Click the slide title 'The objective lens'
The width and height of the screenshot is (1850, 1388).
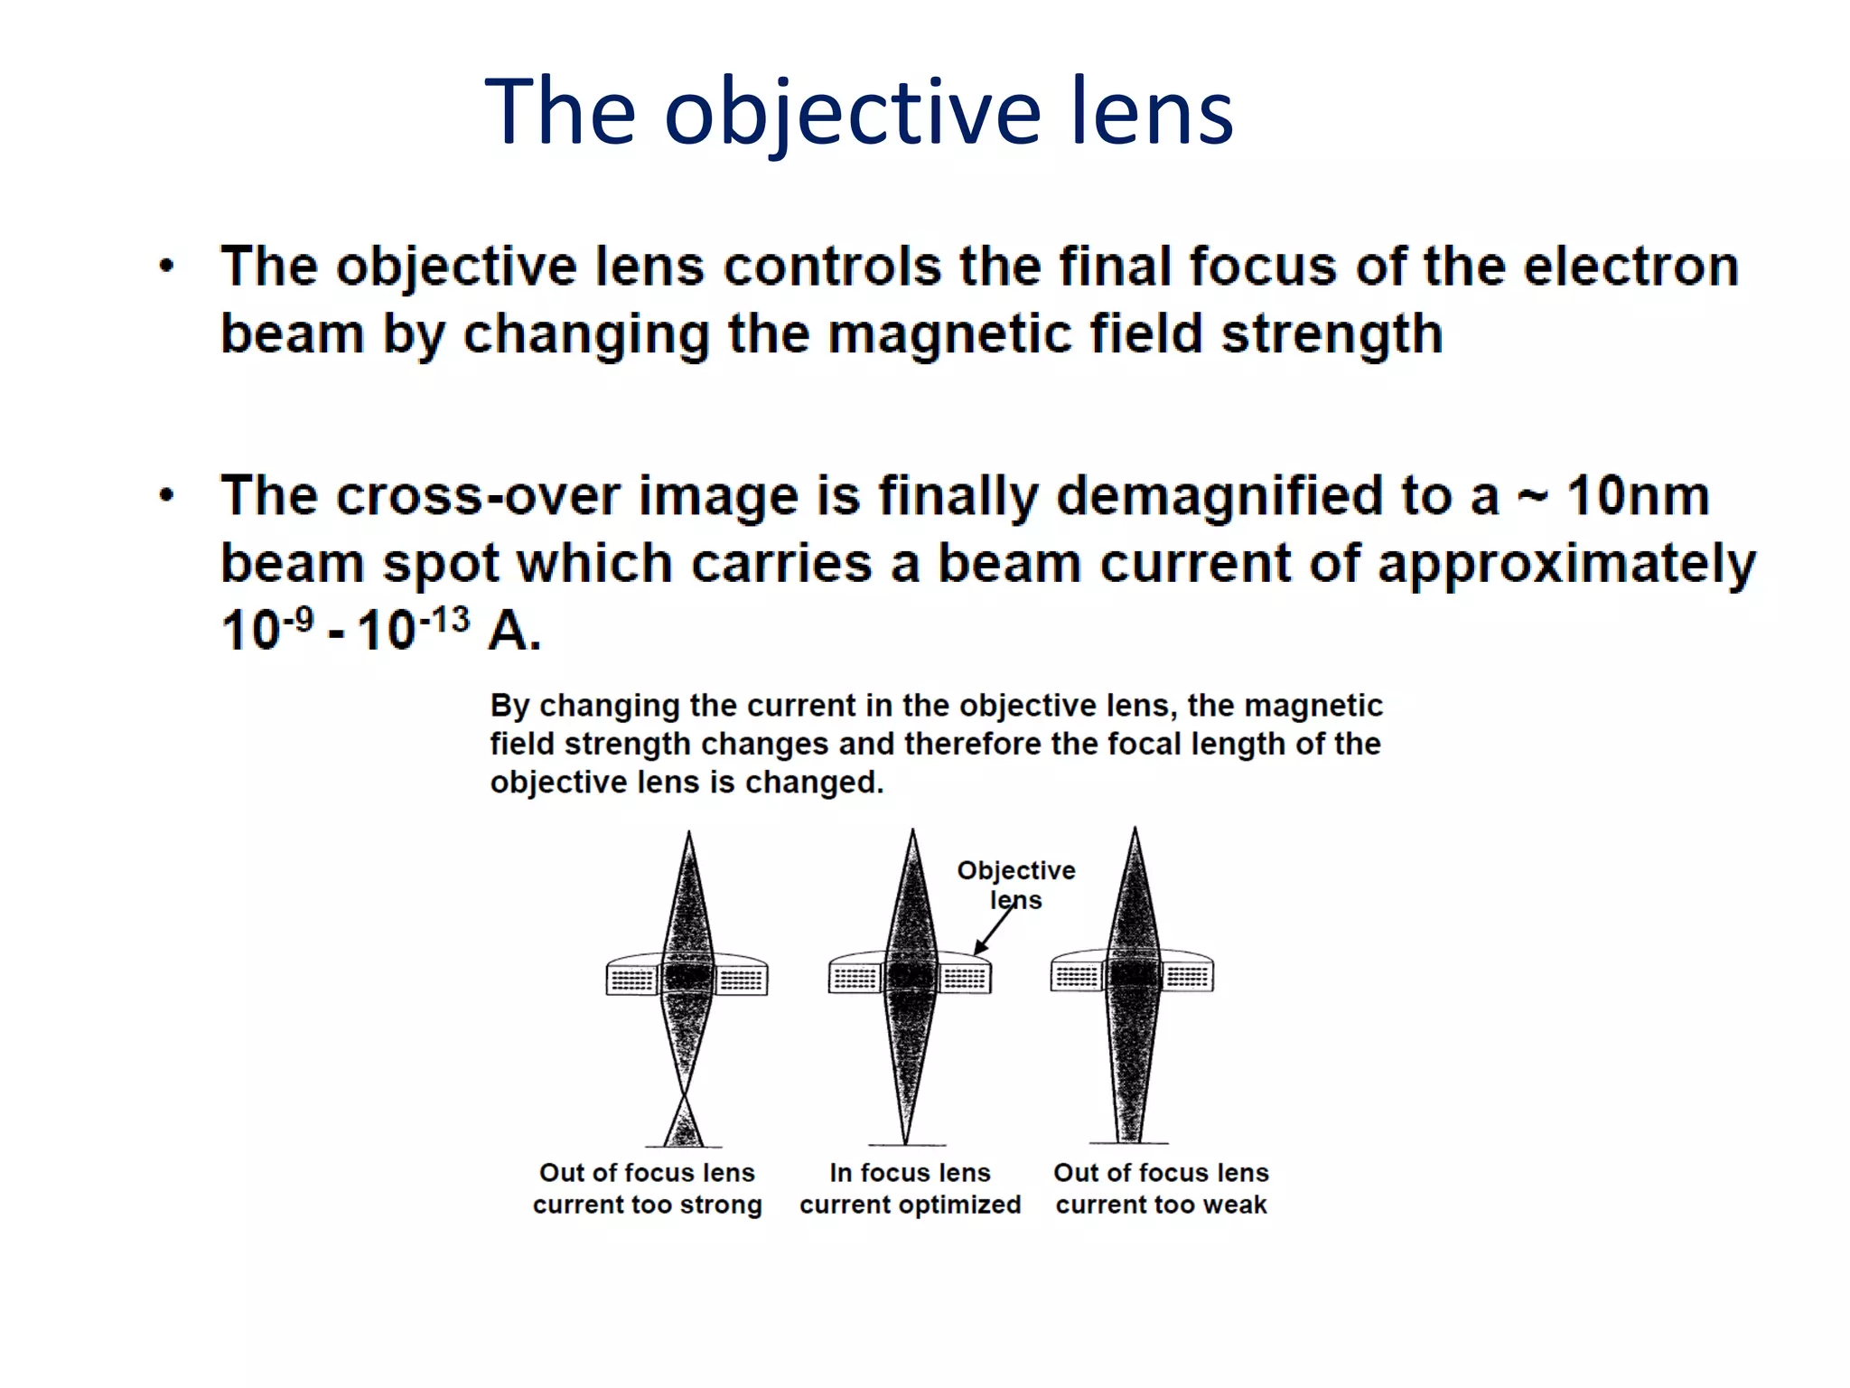[858, 112]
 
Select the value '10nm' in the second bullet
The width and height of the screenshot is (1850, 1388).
[1638, 496]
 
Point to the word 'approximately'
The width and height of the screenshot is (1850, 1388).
[1566, 565]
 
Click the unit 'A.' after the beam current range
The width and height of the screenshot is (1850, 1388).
[514, 630]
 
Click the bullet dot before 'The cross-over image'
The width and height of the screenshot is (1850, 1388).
[166, 495]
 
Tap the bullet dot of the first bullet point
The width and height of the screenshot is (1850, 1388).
[166, 267]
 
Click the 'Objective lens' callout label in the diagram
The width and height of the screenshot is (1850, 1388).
[1016, 885]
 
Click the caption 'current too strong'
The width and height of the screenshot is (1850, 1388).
[647, 1205]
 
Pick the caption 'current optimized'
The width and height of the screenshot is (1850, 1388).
[910, 1205]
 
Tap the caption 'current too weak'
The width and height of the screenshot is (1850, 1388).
[1161, 1205]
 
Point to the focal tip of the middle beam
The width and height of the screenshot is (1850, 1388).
[906, 1141]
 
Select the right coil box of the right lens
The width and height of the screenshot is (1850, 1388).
[1187, 977]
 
